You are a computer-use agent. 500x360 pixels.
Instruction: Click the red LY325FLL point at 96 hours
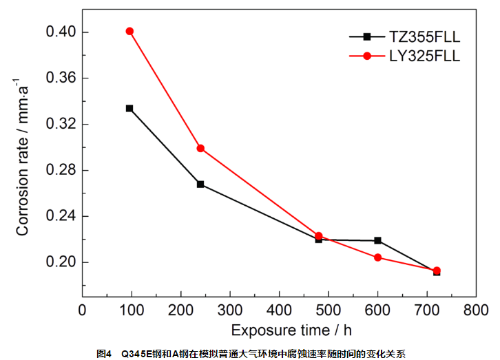[129, 31]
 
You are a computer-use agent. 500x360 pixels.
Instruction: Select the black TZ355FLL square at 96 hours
[129, 108]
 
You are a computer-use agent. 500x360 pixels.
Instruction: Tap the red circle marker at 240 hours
[200, 148]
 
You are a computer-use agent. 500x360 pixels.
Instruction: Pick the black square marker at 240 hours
[200, 184]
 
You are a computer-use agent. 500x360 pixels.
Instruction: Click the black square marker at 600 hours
[378, 240]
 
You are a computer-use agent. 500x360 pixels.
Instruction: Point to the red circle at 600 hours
[378, 257]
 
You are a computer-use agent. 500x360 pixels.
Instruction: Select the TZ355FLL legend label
[425, 36]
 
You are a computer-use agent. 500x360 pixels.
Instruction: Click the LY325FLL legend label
[425, 56]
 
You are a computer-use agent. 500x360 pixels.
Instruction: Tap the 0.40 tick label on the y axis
[60, 32]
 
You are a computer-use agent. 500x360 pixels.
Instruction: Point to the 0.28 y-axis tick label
[60, 170]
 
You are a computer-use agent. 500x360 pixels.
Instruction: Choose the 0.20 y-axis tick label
[60, 262]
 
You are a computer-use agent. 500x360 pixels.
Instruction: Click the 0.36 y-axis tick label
[60, 78]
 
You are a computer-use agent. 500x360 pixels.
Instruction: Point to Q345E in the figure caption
[135, 353]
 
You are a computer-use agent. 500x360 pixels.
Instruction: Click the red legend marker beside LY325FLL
[367, 56]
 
